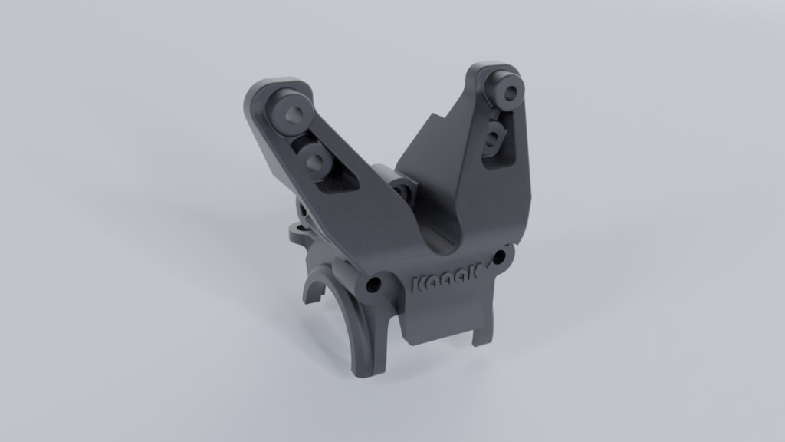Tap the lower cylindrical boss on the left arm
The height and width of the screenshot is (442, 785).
[314, 160]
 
